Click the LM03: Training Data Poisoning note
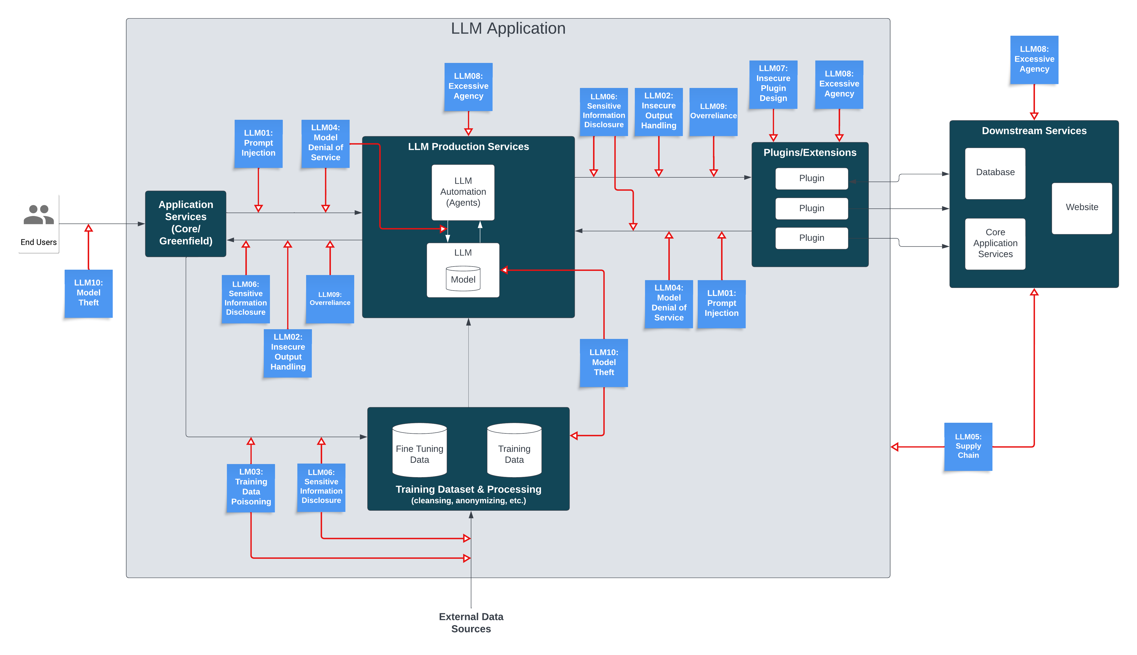pos(251,487)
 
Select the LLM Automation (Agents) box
pos(463,192)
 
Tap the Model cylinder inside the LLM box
pos(463,279)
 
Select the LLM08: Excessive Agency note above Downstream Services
pos(1034,59)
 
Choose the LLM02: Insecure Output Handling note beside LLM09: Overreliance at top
pos(658,111)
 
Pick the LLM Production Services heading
pos(468,147)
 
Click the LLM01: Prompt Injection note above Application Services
pos(258,143)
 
